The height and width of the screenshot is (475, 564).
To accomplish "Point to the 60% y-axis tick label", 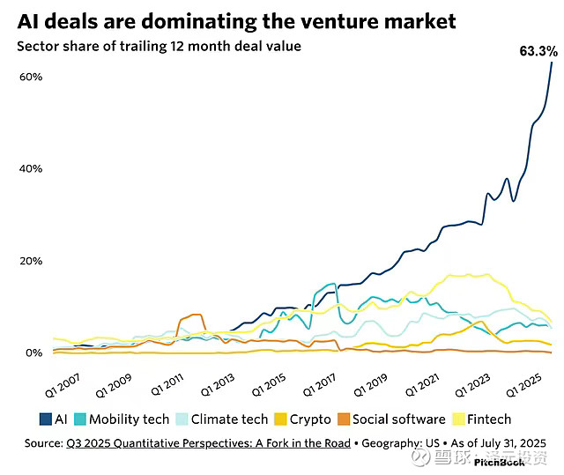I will pyautogui.click(x=32, y=77).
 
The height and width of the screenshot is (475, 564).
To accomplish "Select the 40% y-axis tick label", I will pyautogui.click(x=32, y=168).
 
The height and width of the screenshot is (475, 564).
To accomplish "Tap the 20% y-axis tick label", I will pyautogui.click(x=32, y=261).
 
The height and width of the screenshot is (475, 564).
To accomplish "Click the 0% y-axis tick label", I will pyautogui.click(x=34, y=353).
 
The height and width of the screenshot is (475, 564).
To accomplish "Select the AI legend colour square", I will pyautogui.click(x=47, y=419).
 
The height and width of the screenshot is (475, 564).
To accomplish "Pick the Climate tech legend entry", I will pyautogui.click(x=220, y=419).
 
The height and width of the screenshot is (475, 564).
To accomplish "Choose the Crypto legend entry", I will pyautogui.click(x=302, y=419).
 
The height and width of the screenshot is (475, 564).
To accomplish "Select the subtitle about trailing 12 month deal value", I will pyautogui.click(x=159, y=46).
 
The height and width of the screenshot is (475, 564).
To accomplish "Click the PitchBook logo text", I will pyautogui.click(x=499, y=463).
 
